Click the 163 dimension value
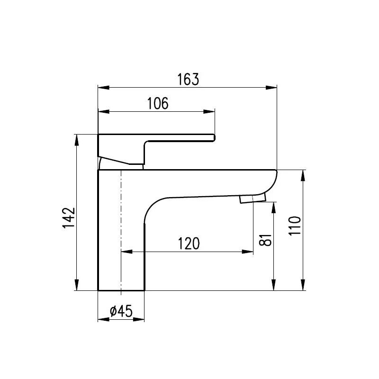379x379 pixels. pos(188,79)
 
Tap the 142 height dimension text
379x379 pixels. pos(69,218)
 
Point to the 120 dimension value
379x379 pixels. pos(189,243)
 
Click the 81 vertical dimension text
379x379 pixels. pos(266,240)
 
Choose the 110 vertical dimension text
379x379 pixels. pos(295,226)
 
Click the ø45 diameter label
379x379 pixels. pos(120,311)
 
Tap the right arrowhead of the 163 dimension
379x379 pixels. pos(271,88)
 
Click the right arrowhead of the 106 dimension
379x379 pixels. pos(210,112)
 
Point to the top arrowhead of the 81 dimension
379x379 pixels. pos(274,207)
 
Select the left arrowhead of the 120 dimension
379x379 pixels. pos(127,252)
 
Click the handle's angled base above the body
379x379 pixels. pos(120,162)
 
